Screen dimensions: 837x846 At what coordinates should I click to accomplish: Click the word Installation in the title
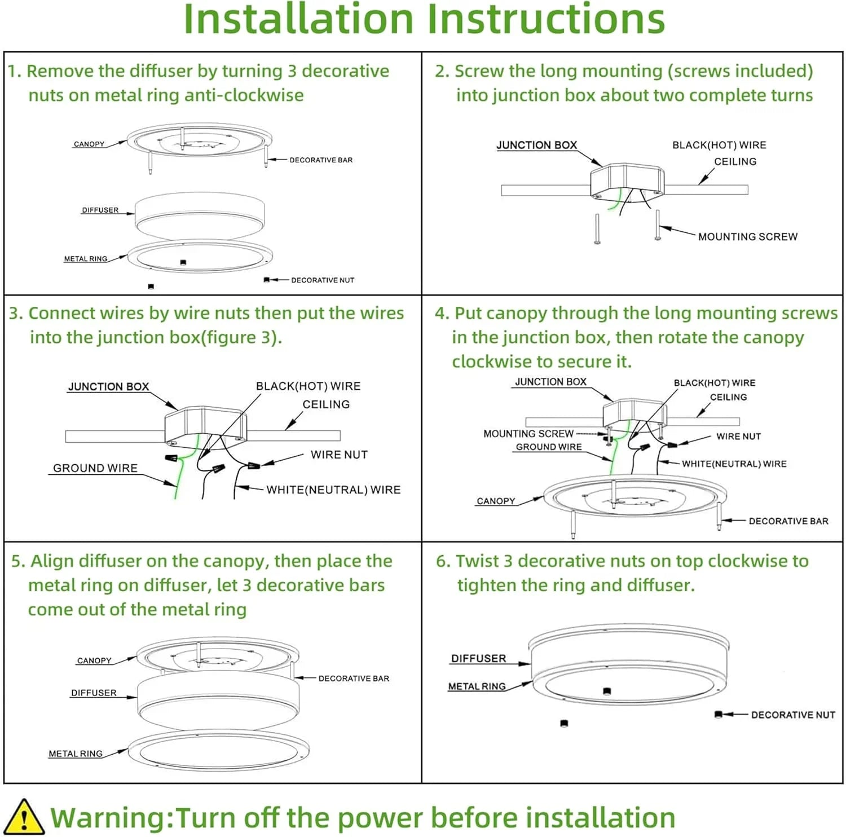tap(299, 19)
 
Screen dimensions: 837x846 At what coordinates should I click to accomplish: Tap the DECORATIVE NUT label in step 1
tap(323, 280)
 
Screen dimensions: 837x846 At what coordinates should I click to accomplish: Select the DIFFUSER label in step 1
tap(100, 210)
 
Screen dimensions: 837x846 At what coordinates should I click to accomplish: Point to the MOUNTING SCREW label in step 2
tap(748, 237)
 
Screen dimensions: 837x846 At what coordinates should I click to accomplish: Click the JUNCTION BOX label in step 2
tap(536, 146)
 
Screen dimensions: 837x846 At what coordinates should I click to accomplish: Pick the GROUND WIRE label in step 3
tap(95, 468)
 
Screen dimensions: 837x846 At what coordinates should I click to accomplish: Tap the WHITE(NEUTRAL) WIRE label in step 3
tap(333, 490)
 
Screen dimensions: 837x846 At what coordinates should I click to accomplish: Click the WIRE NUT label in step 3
tap(339, 455)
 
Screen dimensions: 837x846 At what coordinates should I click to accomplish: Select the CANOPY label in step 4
tap(496, 501)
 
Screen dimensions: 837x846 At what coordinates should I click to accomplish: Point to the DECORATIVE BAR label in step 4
tap(788, 521)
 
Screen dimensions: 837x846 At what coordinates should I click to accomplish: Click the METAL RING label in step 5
tap(76, 754)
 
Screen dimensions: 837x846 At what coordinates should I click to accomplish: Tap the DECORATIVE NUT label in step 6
tap(793, 715)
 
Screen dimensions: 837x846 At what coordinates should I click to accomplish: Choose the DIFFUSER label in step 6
tap(478, 659)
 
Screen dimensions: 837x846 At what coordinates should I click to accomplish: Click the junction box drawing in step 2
tap(626, 180)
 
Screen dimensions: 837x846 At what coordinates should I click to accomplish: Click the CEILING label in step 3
tap(326, 404)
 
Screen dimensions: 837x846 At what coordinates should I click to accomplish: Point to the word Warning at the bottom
tap(109, 817)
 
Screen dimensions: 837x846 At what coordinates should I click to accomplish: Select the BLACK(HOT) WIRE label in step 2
tap(719, 146)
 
